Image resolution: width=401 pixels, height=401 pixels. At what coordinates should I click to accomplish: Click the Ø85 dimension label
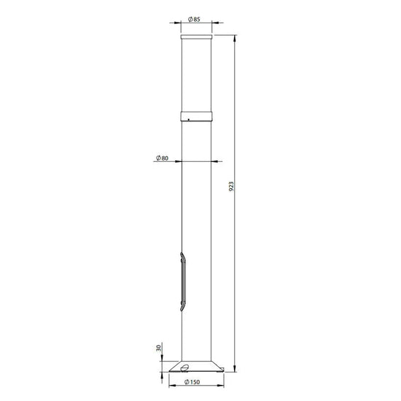[194, 19]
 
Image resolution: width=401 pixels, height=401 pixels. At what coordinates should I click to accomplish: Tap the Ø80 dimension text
[162, 158]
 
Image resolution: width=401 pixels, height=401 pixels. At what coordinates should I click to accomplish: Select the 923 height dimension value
[231, 187]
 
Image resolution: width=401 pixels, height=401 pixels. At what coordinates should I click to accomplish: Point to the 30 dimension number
[159, 348]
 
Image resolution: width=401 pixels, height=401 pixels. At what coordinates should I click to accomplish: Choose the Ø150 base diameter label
[192, 382]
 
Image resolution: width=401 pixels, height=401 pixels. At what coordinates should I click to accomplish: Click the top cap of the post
[196, 37]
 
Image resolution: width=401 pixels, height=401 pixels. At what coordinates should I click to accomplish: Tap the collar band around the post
[196, 117]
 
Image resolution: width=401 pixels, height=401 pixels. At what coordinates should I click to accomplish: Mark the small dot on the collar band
[189, 120]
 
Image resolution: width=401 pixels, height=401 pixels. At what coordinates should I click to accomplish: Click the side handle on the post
[182, 281]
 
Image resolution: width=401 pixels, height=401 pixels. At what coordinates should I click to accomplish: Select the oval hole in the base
[184, 367]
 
